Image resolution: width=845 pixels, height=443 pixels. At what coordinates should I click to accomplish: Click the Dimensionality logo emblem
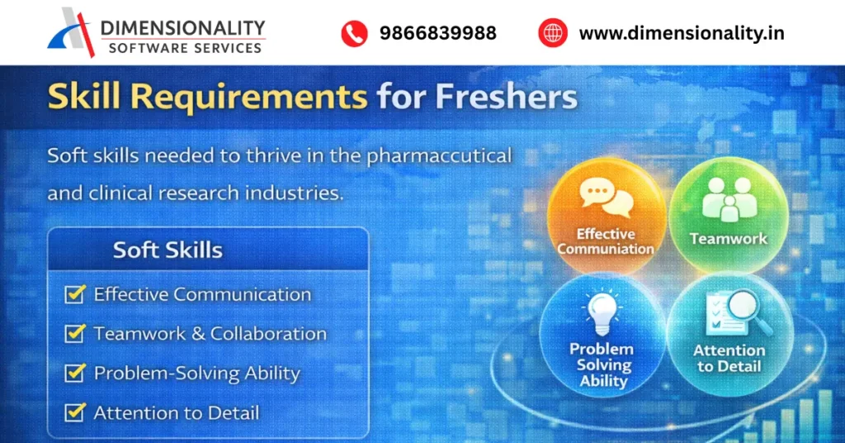point(73,32)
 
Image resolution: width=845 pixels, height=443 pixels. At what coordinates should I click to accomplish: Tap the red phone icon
point(354,33)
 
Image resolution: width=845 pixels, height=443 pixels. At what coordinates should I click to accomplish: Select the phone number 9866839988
point(438,33)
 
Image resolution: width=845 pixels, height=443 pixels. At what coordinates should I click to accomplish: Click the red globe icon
point(552,33)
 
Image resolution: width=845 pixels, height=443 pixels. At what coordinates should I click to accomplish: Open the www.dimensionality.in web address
point(682,33)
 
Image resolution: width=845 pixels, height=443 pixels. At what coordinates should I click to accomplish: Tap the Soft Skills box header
point(168,249)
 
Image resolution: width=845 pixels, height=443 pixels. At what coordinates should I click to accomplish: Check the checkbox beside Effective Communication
point(75,294)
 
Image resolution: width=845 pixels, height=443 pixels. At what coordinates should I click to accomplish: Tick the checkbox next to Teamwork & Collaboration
point(75,334)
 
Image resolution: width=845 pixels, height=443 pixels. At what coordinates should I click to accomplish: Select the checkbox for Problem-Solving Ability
point(75,373)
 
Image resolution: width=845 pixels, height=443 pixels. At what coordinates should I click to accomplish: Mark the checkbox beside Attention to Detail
point(75,412)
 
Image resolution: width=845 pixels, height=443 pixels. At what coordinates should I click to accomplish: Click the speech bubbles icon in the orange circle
point(606,198)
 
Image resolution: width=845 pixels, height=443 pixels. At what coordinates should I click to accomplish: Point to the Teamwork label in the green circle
point(729,239)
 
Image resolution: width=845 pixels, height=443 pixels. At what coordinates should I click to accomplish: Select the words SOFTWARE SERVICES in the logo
point(185,48)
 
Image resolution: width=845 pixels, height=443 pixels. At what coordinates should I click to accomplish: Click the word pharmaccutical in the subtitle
point(450,155)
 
